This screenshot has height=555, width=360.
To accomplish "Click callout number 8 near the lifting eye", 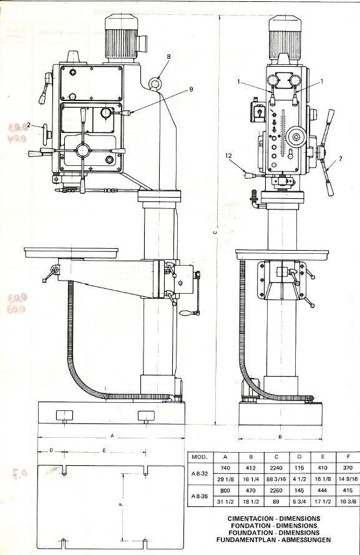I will (168, 57).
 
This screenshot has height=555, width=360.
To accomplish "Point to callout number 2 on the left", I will (28, 124).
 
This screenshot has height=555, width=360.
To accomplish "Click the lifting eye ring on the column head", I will (156, 82).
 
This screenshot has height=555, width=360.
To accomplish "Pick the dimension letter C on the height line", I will (215, 233).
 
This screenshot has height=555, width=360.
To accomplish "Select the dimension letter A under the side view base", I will (112, 435).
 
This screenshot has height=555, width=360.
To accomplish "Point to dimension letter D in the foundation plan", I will (51, 450).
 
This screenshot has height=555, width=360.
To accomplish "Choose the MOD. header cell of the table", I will (200, 456).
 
